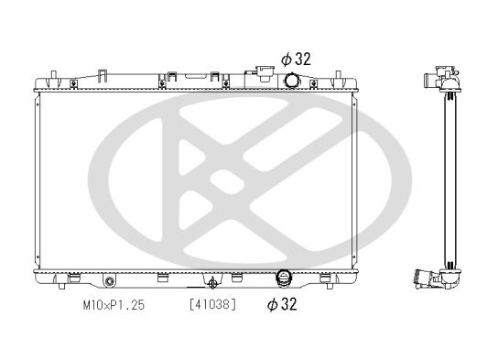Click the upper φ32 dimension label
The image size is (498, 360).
point(296,58)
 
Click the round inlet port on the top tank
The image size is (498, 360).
point(291,82)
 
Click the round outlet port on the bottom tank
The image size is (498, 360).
point(283,278)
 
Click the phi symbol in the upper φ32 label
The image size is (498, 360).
point(286,58)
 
